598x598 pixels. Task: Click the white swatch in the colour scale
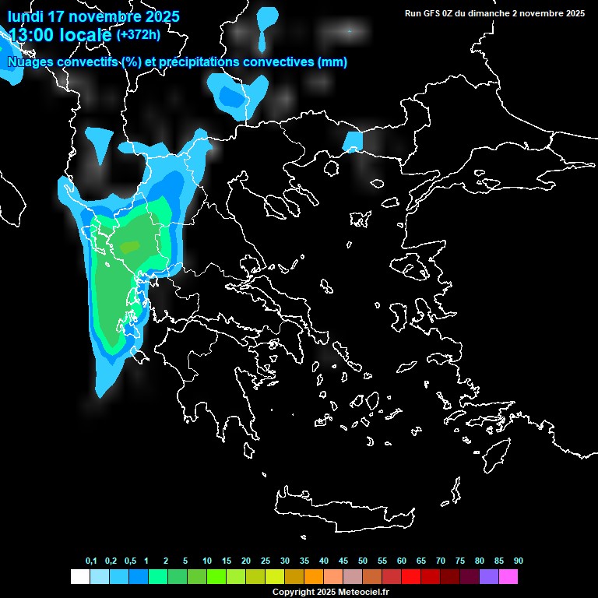[x=79, y=577]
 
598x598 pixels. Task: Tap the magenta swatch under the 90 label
[x=508, y=577]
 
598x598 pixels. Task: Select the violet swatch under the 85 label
[x=489, y=577]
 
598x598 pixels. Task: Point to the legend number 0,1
[x=91, y=561]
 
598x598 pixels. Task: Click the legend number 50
[x=363, y=561]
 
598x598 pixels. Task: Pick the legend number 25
[x=266, y=561]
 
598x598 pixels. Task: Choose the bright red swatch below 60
[x=411, y=577]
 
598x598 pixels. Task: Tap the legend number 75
[x=460, y=561]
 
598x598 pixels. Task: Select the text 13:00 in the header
[x=30, y=35]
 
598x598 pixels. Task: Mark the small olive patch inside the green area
[x=129, y=246]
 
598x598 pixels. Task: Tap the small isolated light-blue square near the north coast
[x=353, y=141]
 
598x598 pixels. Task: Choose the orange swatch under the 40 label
[x=314, y=577]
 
